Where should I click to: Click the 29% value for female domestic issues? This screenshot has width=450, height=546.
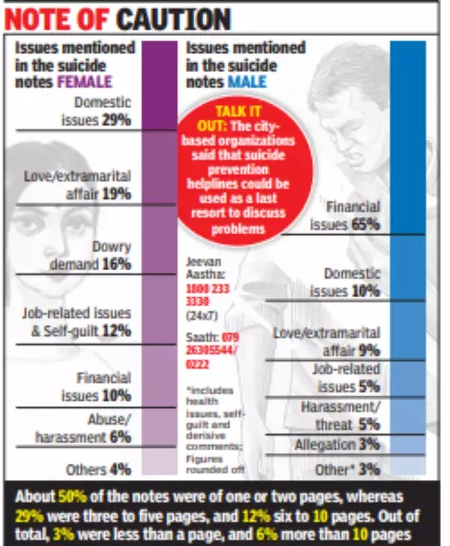pyautogui.click(x=117, y=118)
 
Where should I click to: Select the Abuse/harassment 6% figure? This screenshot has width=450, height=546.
pyautogui.click(x=119, y=436)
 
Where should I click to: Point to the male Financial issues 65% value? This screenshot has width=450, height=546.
pyautogui.click(x=366, y=223)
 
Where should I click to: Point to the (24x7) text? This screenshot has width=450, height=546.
pyautogui.click(x=199, y=316)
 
